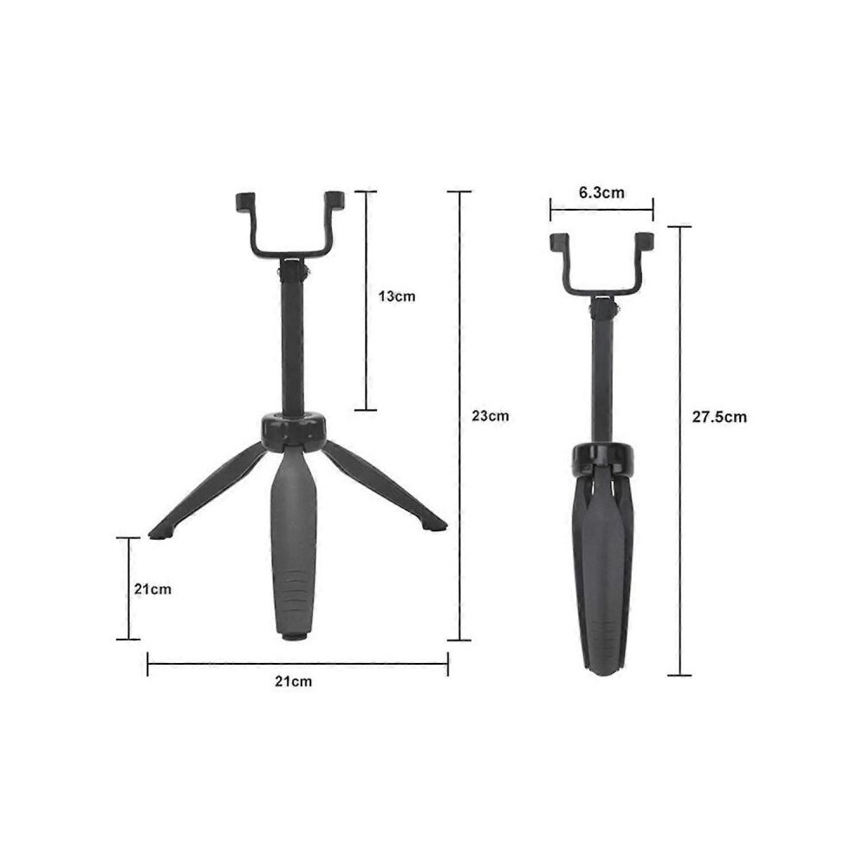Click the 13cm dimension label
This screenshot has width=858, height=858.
point(397,296)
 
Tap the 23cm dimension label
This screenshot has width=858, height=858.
point(491,416)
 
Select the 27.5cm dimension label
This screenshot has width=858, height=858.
point(719,417)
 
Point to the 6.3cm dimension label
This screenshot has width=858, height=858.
point(601,192)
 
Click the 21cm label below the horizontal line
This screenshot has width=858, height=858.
point(293,681)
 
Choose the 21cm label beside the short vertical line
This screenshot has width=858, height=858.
point(153,588)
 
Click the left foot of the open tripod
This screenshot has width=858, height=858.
point(158,534)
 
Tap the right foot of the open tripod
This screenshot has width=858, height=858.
point(436,526)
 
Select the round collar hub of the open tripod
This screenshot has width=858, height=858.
point(294,430)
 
